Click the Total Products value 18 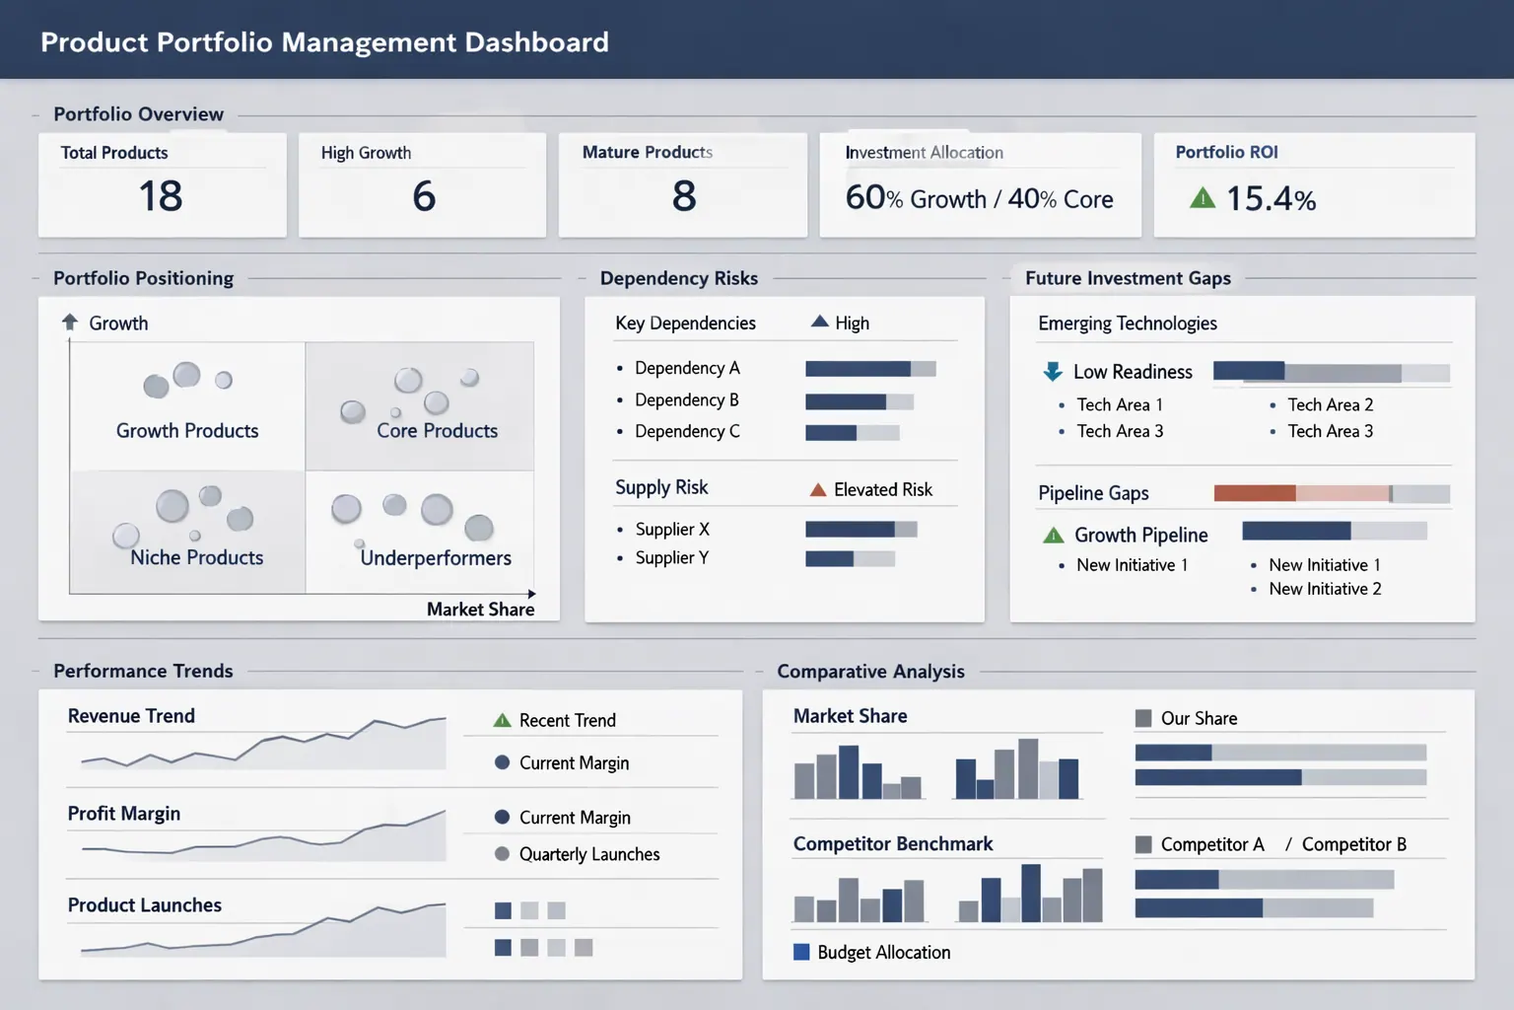pos(161,196)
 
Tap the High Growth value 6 pos(424,196)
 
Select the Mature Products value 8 pos(684,196)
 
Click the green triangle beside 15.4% pos(1203,198)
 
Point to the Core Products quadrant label pos(437,431)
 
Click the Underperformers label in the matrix pos(436,558)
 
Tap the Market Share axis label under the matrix pos(480,610)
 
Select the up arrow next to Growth pos(70,323)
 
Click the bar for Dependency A pos(869,369)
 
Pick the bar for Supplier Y pos(850,559)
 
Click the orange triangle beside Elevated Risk pos(818,490)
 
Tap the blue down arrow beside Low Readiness pos(1053,372)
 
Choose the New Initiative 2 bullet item pos(1325,589)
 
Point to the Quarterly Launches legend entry pos(588,854)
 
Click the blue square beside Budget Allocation pos(801,952)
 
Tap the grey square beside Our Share pos(1143,718)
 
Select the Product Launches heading pos(145,905)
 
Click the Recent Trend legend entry pos(567,721)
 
